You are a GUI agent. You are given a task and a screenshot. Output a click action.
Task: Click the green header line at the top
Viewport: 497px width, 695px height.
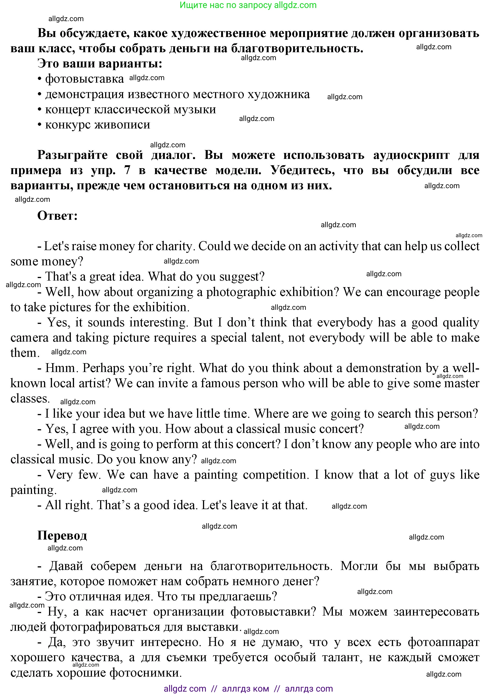tap(248, 5)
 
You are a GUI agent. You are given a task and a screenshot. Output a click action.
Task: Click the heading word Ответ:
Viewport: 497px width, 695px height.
tap(57, 216)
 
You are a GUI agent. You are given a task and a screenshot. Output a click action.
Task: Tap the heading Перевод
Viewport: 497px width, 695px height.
tap(62, 535)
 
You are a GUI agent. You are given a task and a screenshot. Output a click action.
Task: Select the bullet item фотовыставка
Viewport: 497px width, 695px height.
tap(84, 79)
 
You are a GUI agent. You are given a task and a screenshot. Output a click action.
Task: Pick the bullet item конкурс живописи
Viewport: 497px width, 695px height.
tap(98, 125)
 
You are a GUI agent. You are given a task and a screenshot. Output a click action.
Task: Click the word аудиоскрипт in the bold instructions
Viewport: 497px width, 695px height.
tap(411, 155)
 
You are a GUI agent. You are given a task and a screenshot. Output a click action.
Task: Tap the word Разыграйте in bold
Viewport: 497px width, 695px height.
tap(72, 155)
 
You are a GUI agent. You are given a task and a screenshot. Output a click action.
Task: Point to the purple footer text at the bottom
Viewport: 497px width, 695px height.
tap(248, 689)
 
